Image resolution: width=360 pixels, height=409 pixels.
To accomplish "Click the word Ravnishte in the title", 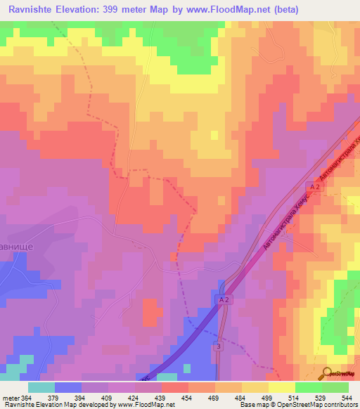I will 33,10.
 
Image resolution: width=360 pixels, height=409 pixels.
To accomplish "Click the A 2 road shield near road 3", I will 220,299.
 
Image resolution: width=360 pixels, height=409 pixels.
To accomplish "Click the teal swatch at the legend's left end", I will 41,387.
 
